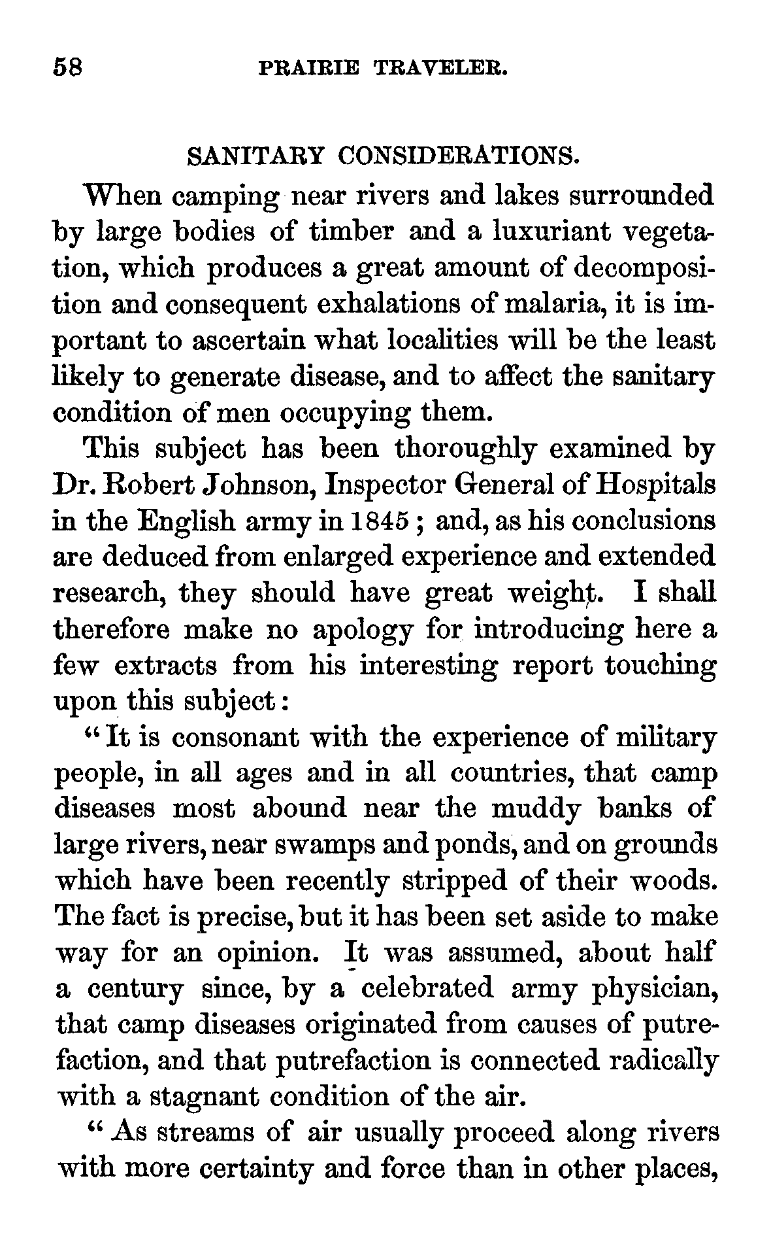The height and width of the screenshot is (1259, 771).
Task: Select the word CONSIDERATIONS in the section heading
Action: coord(459,158)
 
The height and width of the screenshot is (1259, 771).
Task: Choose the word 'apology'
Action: coord(363,632)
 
